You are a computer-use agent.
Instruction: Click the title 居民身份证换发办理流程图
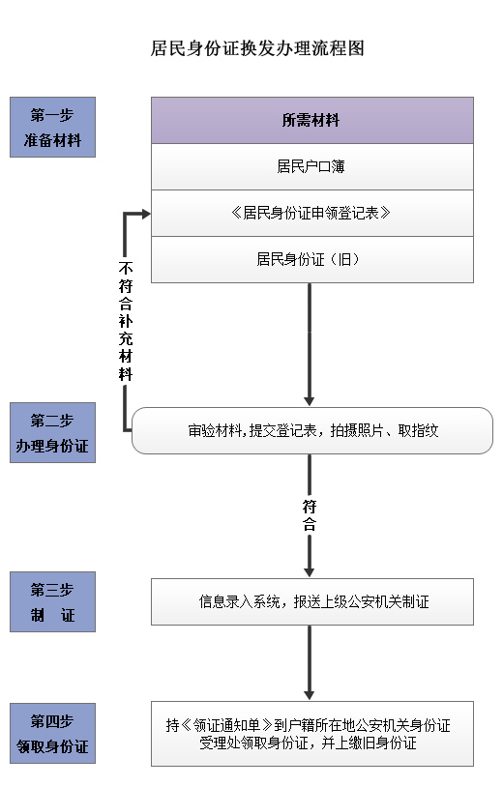(x=257, y=48)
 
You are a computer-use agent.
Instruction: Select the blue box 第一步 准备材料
(x=52, y=127)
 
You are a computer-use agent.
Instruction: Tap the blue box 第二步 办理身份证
(x=52, y=432)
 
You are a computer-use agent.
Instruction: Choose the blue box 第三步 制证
(x=52, y=601)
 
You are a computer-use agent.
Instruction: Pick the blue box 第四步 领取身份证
(x=52, y=733)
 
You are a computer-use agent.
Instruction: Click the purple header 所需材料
(x=312, y=121)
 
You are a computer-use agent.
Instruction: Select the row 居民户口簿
(x=312, y=166)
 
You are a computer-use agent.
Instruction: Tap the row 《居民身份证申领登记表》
(x=312, y=214)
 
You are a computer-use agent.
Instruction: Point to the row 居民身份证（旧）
(x=312, y=259)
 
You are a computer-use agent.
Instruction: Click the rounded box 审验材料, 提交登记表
(x=312, y=430)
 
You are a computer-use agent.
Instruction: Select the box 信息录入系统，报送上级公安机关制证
(x=312, y=601)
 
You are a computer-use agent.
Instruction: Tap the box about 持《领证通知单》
(x=312, y=734)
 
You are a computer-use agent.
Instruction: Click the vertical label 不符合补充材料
(x=126, y=321)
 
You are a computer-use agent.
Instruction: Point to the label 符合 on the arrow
(x=310, y=515)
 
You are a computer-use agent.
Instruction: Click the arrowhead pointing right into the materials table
(x=146, y=215)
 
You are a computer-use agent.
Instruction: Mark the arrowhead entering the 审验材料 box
(x=310, y=401)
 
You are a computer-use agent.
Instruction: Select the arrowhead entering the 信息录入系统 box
(x=310, y=572)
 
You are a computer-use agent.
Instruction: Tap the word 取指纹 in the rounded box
(x=418, y=430)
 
